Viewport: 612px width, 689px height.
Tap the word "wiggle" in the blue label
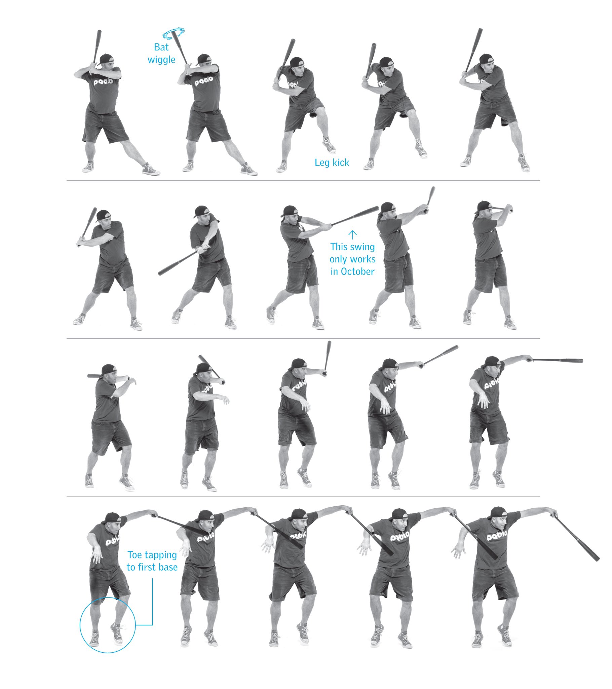pyautogui.click(x=161, y=60)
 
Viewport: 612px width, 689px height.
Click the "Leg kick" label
pyautogui.click(x=332, y=162)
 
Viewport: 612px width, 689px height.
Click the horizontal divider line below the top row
pyautogui.click(x=303, y=180)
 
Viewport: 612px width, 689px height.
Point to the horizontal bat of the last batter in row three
pyautogui.click(x=557, y=361)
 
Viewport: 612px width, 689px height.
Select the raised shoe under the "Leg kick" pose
pyautogui.click(x=329, y=145)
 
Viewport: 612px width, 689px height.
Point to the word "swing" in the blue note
pyautogui.click(x=362, y=247)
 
